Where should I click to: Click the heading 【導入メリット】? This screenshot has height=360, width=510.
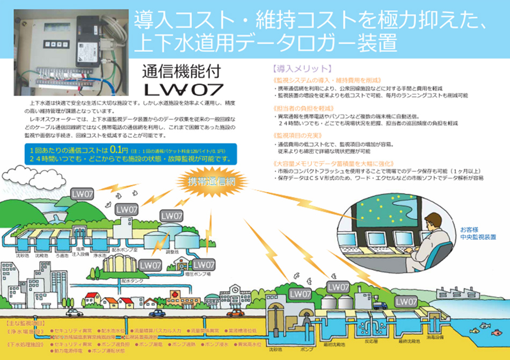(x=302, y=70)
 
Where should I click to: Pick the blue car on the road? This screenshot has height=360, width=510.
(x=157, y=313)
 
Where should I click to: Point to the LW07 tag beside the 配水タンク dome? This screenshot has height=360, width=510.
(x=151, y=265)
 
